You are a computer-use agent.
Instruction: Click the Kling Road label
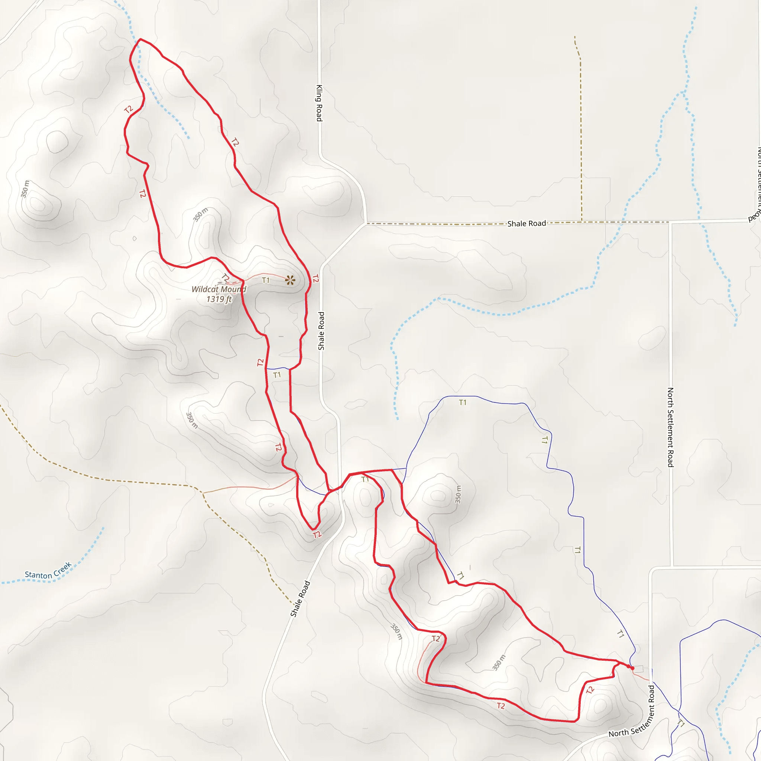click(319, 103)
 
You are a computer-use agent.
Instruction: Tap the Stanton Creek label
click(48, 571)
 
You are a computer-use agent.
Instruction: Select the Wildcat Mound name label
click(218, 289)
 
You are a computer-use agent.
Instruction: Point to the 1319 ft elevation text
click(218, 299)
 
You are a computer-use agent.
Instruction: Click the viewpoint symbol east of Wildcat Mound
click(290, 280)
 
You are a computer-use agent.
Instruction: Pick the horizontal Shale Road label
click(526, 223)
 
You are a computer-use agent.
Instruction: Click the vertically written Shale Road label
click(321, 331)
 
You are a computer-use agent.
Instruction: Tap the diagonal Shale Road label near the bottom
click(300, 599)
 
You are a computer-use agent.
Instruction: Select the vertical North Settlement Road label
click(670, 427)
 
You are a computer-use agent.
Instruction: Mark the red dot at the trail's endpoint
click(632, 668)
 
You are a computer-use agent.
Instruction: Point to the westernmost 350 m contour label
click(25, 189)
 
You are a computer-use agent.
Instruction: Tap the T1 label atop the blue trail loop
click(462, 402)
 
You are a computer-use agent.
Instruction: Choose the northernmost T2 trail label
click(129, 110)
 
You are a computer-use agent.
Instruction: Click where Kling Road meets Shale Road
click(367, 223)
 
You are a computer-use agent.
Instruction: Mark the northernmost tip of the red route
click(140, 39)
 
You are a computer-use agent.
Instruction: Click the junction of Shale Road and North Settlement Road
click(670, 223)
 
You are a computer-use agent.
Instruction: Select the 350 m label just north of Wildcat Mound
click(201, 215)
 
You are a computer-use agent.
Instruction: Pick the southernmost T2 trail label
click(501, 706)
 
